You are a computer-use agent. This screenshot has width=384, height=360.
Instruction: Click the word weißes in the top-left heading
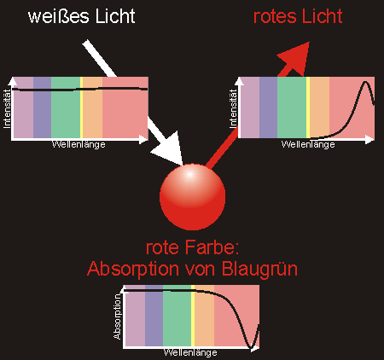pos(59,16)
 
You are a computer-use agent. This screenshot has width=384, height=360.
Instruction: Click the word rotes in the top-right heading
pos(275,16)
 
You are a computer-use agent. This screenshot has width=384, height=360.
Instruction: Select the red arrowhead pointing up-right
pos(296,58)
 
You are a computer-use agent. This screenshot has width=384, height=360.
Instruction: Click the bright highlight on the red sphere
pos(189,175)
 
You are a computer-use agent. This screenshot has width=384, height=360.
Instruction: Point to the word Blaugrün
pos(259,269)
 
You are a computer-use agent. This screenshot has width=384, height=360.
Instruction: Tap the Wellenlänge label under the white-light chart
pos(79,144)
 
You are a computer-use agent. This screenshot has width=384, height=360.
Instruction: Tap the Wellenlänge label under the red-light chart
pos(308,144)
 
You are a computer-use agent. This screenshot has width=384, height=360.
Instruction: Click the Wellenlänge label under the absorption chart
pos(190,353)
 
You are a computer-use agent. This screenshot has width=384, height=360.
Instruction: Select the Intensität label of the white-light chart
pos(7,108)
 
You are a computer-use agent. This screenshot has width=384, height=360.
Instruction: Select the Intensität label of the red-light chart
pos(233,108)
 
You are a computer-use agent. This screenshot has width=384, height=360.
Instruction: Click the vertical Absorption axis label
pos(117,316)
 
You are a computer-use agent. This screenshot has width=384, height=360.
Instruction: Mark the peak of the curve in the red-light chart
pos(366,83)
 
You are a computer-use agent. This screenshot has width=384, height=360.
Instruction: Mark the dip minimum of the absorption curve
pos(251,347)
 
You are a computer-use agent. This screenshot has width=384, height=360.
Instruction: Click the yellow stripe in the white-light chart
pos(81,107)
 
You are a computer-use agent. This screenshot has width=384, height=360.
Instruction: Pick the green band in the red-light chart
pos(292,107)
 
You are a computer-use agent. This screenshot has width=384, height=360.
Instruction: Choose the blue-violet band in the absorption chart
pos(154,316)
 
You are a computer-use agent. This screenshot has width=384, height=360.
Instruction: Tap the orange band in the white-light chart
pos(93,107)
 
